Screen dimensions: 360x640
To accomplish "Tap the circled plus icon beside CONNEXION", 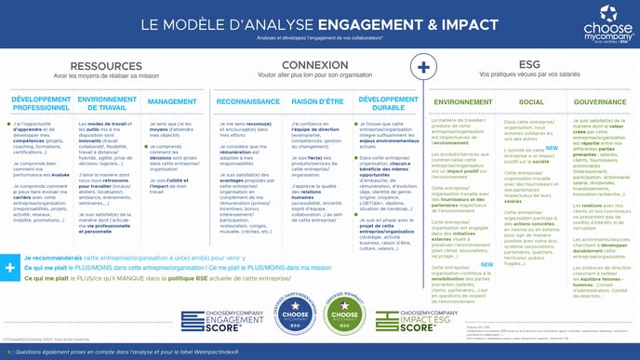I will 423,67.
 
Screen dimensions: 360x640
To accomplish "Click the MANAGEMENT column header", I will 172,101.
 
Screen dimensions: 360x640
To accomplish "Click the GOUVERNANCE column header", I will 600,101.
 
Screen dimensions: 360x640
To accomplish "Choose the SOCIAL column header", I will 531,101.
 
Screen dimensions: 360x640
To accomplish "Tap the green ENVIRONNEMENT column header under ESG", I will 462,101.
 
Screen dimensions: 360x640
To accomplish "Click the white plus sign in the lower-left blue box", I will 10,268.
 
